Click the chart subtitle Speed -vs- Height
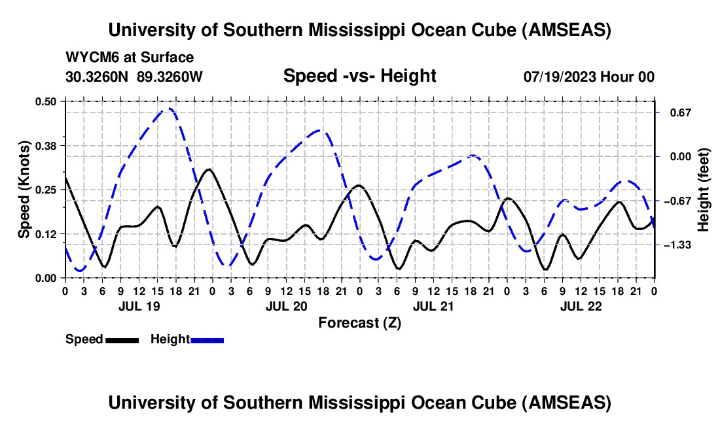[359, 76]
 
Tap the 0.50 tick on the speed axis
[47, 101]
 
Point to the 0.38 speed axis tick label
[47, 145]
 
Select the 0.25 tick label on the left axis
[47, 190]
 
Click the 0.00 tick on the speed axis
[47, 278]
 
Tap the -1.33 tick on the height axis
[677, 245]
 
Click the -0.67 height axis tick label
[677, 201]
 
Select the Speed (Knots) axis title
[24, 190]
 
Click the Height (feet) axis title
[704, 190]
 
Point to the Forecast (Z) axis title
[359, 322]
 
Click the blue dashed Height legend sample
[207, 339]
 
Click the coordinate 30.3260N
[98, 76]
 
